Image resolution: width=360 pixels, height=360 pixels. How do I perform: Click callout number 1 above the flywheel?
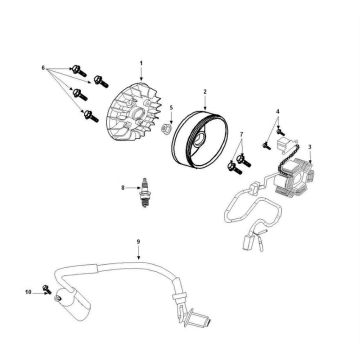pos(143,63)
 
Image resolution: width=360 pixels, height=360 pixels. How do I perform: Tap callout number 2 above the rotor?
pos(205,91)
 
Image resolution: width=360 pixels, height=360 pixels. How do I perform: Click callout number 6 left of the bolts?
pos(44,68)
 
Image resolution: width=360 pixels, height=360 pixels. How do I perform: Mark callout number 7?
pos(241,134)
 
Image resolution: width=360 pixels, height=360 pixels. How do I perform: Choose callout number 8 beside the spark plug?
pos(123,187)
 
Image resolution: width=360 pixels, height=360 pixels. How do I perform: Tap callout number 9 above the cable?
pos(138,241)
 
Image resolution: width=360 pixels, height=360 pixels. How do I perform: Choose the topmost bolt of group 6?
pos(75,69)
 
